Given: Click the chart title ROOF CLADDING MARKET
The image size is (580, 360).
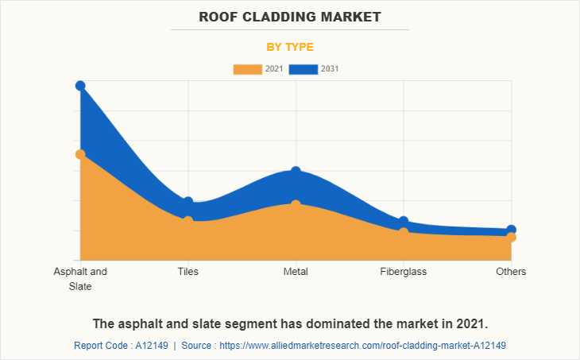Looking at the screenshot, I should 290,16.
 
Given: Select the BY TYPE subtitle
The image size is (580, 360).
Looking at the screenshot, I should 290,47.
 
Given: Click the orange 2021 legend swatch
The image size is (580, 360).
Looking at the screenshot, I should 247,69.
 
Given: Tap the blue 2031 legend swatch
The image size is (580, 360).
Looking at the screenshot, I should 304,69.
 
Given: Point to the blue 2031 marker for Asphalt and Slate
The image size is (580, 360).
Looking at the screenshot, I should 80,86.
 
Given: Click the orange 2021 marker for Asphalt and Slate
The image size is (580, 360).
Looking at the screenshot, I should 80,154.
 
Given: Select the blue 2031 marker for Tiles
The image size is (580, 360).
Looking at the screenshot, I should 188,202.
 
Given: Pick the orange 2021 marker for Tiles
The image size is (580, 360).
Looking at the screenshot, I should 188,221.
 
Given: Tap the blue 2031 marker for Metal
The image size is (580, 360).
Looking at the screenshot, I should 296,172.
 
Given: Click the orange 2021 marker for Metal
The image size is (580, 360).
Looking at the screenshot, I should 296,205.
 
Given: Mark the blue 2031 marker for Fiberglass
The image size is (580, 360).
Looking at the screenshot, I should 404,221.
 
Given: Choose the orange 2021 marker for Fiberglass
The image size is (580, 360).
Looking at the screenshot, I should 404,232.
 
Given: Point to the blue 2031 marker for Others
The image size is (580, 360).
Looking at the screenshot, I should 511,230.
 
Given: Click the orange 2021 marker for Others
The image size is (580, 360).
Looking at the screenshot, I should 511,237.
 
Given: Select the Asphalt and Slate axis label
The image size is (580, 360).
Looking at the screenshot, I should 80,278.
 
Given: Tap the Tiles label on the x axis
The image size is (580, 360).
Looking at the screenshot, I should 188,271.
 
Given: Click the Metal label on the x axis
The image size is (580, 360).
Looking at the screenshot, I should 296,271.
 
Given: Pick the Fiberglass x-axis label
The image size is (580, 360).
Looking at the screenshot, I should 404,271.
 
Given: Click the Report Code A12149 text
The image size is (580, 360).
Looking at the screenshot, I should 120,346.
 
